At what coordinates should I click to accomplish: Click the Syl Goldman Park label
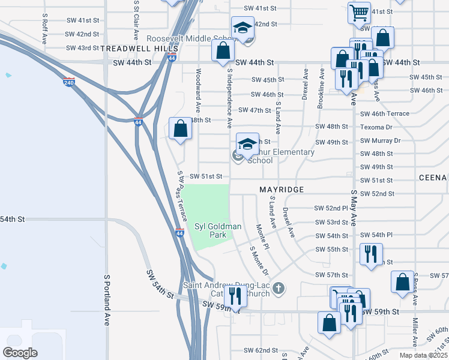click(x=209, y=230)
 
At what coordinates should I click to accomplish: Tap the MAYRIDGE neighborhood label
click(x=282, y=190)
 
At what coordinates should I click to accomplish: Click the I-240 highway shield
click(x=69, y=82)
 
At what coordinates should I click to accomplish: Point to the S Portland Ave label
click(x=107, y=300)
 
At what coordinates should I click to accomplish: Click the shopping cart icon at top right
click(x=359, y=11)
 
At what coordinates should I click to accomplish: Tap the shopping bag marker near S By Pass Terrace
click(x=181, y=128)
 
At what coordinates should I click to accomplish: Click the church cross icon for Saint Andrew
click(x=277, y=289)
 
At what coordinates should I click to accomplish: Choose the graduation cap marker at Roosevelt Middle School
click(x=243, y=27)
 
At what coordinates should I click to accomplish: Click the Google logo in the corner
click(x=20, y=353)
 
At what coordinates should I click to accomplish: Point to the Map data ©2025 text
click(x=423, y=355)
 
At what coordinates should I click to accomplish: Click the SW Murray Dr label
click(x=380, y=140)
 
